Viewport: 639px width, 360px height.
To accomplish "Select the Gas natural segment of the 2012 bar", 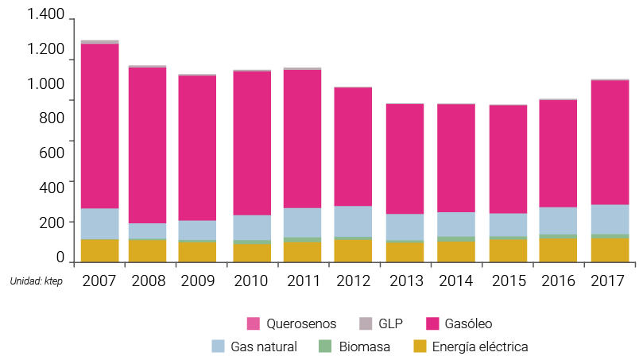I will pyautogui.click(x=352, y=221).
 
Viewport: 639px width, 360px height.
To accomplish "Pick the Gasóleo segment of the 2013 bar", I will pyautogui.click(x=405, y=158).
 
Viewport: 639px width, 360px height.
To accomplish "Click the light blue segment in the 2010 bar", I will pyautogui.click(x=251, y=227).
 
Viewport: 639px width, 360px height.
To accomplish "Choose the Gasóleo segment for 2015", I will pyautogui.click(x=508, y=159).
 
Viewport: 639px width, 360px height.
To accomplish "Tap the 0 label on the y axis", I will pyautogui.click(x=60, y=257).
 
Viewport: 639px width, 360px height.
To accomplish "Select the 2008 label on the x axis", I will pyautogui.click(x=148, y=281).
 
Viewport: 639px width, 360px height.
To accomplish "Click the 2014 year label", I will pyautogui.click(x=456, y=281).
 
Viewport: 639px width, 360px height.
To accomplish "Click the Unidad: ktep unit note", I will pyautogui.click(x=36, y=281).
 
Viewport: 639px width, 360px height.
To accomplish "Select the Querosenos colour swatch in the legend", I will pyautogui.click(x=254, y=323).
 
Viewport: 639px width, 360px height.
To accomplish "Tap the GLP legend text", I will pyautogui.click(x=390, y=323).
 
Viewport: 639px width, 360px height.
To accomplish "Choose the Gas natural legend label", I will pyautogui.click(x=264, y=346).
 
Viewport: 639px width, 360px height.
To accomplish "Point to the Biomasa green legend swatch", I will pyautogui.click(x=325, y=346).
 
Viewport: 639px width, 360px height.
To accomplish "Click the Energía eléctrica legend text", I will pyautogui.click(x=481, y=346).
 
